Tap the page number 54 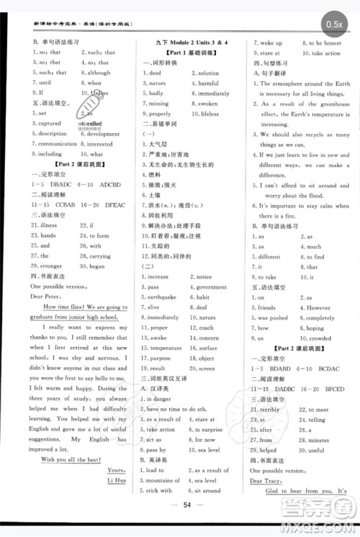pos(181,507)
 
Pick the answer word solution pos(209,73)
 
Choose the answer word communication pos(58,144)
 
